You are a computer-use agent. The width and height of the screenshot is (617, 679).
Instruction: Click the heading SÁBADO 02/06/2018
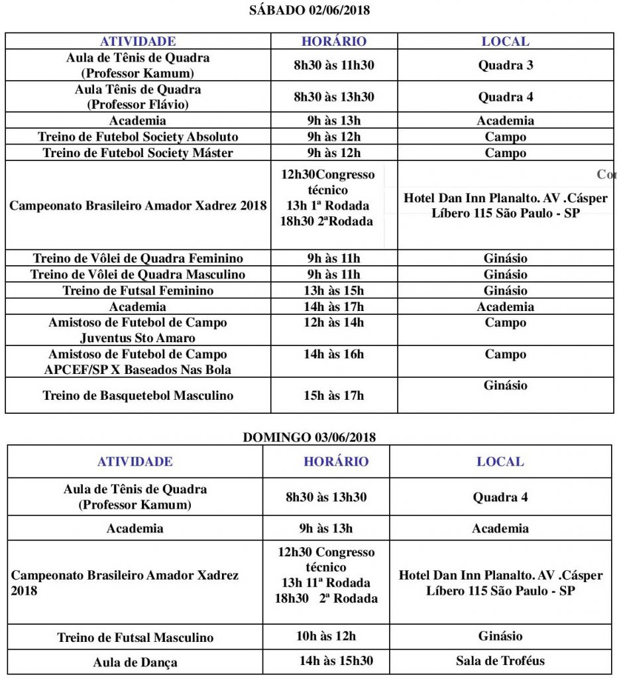309,11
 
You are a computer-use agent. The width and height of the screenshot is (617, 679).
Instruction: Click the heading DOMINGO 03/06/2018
309,437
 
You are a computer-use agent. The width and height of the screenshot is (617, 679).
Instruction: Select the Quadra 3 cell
506,65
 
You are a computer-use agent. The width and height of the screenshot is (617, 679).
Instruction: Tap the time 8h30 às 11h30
334,65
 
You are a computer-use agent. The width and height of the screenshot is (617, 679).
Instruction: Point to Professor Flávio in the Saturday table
138,104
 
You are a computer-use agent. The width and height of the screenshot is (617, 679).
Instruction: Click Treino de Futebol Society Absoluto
138,137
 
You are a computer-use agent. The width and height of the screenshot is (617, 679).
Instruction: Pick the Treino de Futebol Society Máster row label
138,153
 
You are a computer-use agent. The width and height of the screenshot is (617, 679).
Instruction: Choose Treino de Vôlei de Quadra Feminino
138,258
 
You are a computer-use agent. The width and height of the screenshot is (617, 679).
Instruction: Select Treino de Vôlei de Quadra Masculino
138,275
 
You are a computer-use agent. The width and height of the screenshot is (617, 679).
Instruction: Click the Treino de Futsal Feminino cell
138,290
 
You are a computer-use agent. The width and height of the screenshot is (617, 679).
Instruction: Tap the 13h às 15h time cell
334,290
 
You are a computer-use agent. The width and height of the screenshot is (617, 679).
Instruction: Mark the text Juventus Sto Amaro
138,338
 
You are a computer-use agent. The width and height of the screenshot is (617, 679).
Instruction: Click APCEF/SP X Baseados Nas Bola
138,370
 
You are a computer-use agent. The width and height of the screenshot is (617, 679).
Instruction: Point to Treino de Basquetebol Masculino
138,396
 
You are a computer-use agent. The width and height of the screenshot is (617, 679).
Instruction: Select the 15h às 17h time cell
334,396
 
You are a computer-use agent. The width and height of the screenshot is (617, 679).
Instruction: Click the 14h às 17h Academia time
334,306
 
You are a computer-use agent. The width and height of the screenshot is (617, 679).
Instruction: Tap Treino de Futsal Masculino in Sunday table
135,638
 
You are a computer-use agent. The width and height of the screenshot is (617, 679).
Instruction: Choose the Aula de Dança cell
135,662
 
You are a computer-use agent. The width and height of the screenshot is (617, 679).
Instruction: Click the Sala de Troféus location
500,660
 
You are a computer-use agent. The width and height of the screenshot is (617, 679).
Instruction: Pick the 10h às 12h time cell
326,637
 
